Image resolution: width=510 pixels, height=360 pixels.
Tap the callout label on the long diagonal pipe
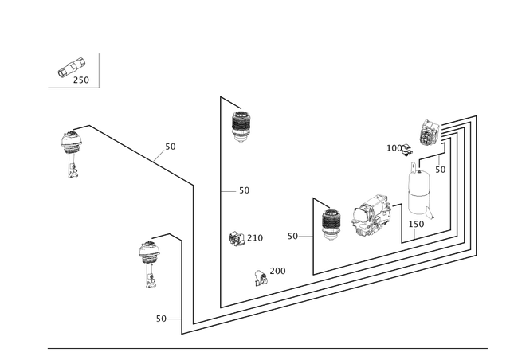point(170,147)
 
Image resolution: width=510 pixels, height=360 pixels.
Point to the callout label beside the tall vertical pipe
point(244,190)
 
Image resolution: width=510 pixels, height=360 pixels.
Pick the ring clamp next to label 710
point(235,237)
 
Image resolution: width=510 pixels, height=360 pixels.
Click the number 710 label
point(255,237)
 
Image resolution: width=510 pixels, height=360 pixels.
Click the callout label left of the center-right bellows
point(292,237)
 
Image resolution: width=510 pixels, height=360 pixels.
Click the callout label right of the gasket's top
point(440,170)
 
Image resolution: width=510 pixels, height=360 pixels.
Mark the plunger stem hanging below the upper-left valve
point(73,168)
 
